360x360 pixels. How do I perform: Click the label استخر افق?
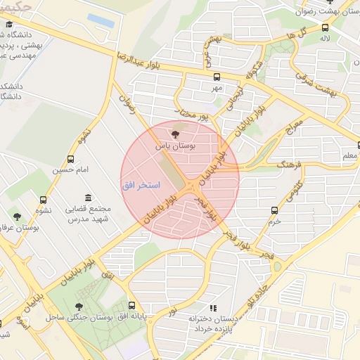pos(141,185)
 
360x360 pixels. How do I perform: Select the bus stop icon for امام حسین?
pos(70,160)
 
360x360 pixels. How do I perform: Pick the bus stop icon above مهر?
pos(216,78)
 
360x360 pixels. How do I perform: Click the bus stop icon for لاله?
pos(325,28)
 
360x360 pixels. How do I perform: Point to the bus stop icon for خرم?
pos(275,210)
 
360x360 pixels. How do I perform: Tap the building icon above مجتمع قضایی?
pos(88,198)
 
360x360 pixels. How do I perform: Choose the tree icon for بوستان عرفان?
pos(17,217)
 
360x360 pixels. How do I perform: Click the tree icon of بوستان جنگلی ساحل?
pos(79,306)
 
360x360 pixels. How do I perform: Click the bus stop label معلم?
pos(349,155)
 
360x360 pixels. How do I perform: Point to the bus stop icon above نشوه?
pos(44,200)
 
